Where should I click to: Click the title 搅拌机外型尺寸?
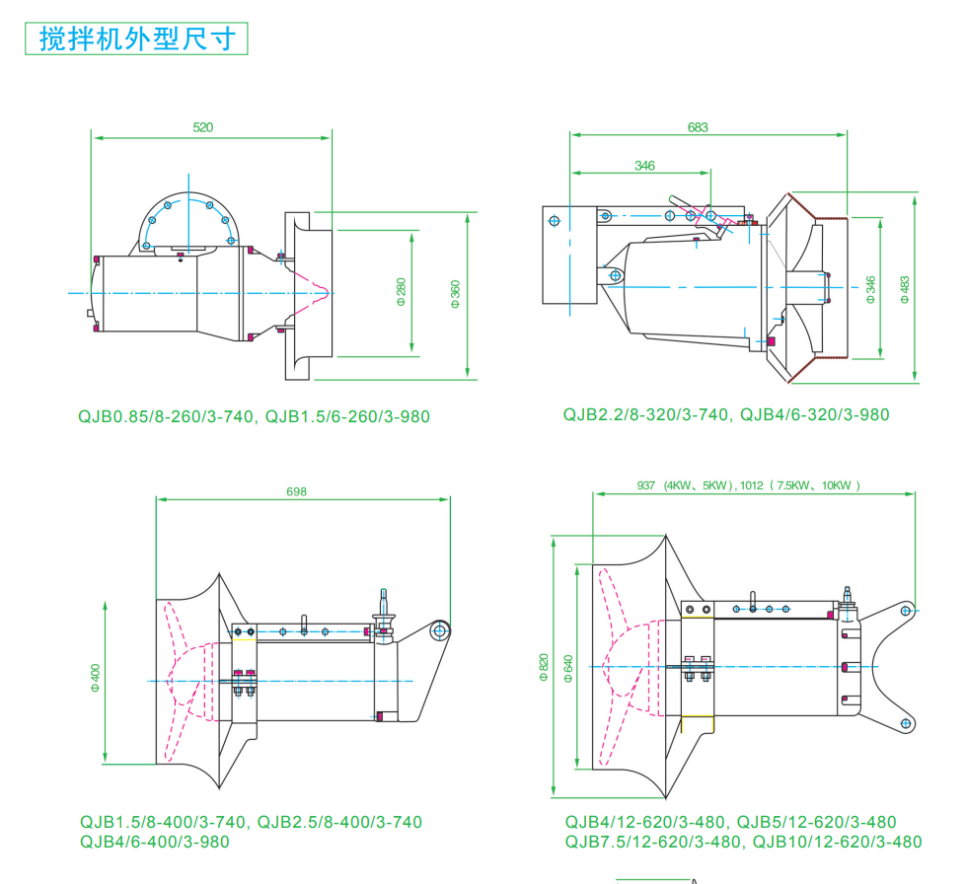pyautogui.click(x=137, y=38)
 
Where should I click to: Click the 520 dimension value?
pyautogui.click(x=203, y=127)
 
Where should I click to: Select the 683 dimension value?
pyautogui.click(x=698, y=127)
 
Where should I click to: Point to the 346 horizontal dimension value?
pyautogui.click(x=644, y=166)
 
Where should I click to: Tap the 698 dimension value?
pyautogui.click(x=296, y=491)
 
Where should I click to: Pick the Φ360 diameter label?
pyautogui.click(x=455, y=293)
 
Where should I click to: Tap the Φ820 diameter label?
pyautogui.click(x=543, y=669)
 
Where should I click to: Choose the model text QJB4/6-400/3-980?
pyautogui.click(x=154, y=842)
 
